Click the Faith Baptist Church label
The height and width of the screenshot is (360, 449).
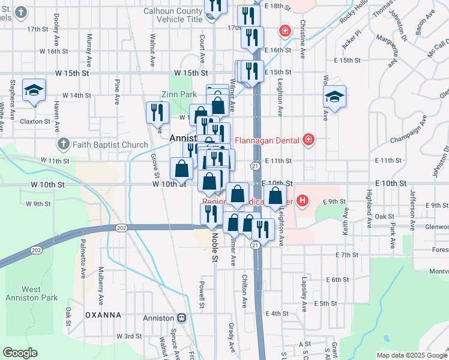pyautogui.click(x=110, y=145)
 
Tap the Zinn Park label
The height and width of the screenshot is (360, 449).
pyautogui.click(x=179, y=95)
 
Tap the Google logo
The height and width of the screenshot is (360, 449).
pyautogui.click(x=20, y=352)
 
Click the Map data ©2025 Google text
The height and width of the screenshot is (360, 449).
pyautogui.click(x=411, y=355)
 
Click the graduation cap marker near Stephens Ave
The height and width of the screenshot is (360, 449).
pyautogui.click(x=34, y=91)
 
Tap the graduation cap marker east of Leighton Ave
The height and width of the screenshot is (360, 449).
pyautogui.click(x=334, y=96)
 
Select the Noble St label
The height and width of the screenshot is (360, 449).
pyautogui.click(x=214, y=246)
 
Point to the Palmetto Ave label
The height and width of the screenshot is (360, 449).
pyautogui.click(x=83, y=264)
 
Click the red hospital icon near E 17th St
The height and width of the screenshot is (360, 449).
pyautogui.click(x=284, y=30)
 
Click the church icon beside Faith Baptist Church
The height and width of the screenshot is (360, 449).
pyautogui.click(x=64, y=145)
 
